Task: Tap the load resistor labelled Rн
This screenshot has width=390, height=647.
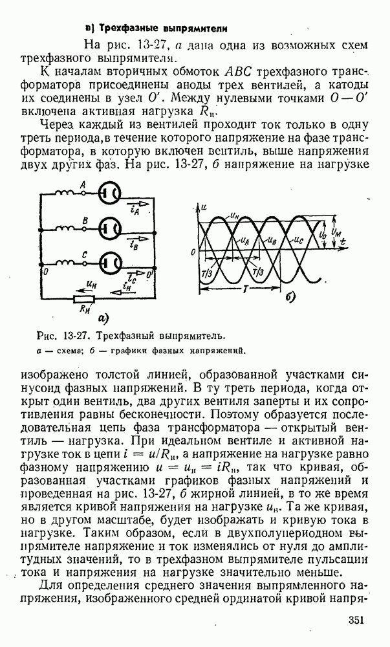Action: click(85, 299)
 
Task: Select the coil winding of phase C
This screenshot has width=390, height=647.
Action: click(65, 263)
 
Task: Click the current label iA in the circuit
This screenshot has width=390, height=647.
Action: click(133, 210)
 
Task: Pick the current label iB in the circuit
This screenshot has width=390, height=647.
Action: click(133, 245)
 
